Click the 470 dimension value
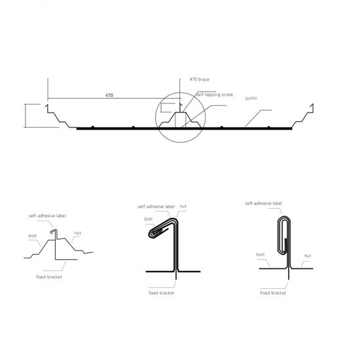point(109,95)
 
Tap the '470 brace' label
point(200,79)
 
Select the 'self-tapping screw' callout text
point(215,95)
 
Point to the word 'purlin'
point(251,98)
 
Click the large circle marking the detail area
point(155,117)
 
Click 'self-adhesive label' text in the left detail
point(47,216)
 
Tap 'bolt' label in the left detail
point(33,236)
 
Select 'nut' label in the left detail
point(78,233)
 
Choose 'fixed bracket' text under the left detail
point(49,277)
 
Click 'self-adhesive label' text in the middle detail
point(156,207)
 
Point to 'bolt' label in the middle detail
point(149,219)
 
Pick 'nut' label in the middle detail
point(183,206)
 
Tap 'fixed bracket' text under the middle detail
point(162,293)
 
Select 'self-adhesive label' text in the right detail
point(264,204)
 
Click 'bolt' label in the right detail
point(261,255)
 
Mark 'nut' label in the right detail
point(308,255)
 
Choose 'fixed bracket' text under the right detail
point(273,293)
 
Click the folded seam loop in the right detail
point(278,236)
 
